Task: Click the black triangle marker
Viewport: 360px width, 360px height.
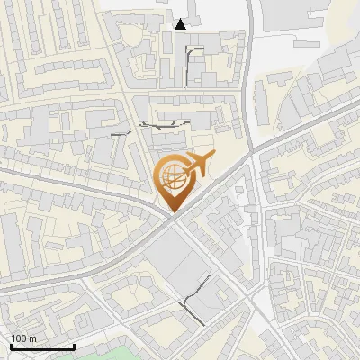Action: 181,24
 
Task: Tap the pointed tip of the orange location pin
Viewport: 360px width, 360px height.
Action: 172,211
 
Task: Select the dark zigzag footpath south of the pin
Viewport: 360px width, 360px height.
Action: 191,307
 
